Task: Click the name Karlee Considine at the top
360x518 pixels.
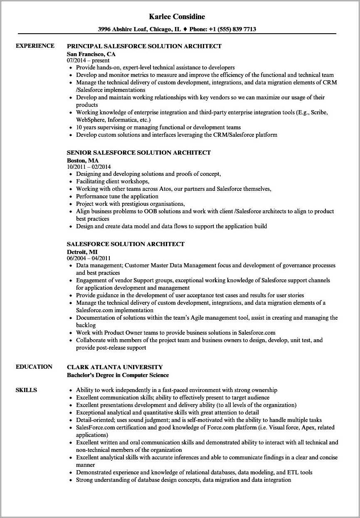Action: pyautogui.click(x=177, y=17)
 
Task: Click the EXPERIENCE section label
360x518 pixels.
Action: pyautogui.click(x=35, y=46)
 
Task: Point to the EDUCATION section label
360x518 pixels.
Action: pyautogui.click(x=34, y=367)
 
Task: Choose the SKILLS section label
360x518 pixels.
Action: pyautogui.click(x=26, y=390)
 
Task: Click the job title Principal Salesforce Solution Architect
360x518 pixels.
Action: pyautogui.click(x=144, y=46)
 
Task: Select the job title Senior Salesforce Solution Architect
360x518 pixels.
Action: pyautogui.click(x=139, y=153)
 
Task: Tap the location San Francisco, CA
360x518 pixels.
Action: pyautogui.click(x=91, y=54)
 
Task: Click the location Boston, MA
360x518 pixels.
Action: pyautogui.click(x=83, y=160)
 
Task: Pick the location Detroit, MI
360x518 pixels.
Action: pyautogui.click(x=82, y=252)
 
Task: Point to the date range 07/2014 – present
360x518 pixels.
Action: pyautogui.click(x=88, y=61)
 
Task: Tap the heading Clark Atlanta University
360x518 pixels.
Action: pyautogui.click(x=115, y=367)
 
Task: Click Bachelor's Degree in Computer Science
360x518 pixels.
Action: pyautogui.click(x=118, y=375)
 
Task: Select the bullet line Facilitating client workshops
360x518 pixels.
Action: pyautogui.click(x=113, y=181)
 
